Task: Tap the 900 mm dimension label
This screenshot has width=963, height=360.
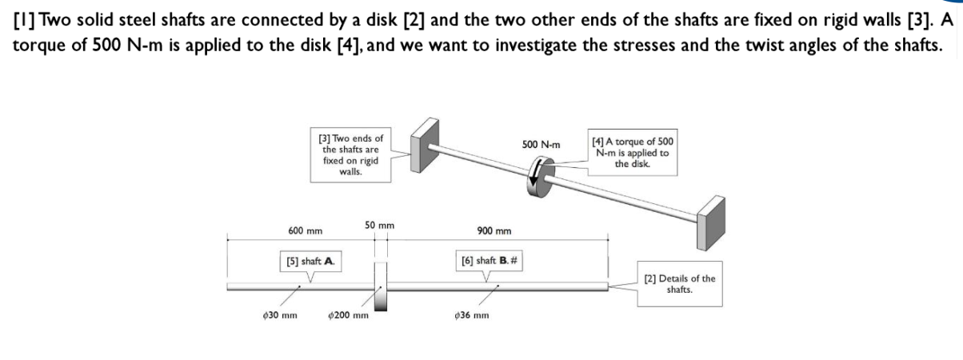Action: point(493,231)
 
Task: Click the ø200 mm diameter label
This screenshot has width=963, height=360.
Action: point(349,315)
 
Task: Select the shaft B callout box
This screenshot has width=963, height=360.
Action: point(489,261)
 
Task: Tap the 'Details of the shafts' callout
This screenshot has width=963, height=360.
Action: point(679,284)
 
